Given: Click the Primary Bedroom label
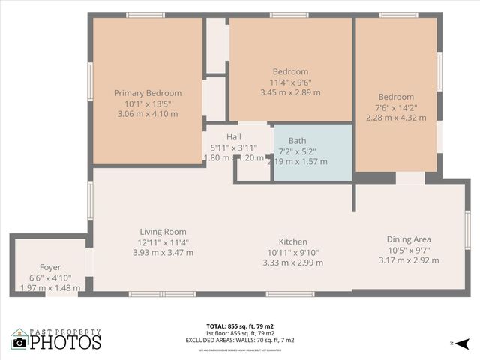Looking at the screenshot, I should [148, 93].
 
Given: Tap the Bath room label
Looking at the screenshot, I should [298, 140].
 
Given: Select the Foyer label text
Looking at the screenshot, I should [50, 267].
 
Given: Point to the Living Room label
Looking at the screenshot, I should [163, 232].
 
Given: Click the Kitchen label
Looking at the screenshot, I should [292, 241].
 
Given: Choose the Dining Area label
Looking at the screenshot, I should [409, 239].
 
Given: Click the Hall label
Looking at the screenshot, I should [234, 136].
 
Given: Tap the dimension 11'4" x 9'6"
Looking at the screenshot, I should [289, 82].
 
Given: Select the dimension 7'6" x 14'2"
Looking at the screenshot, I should [395, 107].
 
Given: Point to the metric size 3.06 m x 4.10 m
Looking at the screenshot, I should [148, 114].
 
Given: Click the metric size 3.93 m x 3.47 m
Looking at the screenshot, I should [163, 253].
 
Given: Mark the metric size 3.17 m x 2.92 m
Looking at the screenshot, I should [409, 260].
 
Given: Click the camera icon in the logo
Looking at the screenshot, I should [19, 342].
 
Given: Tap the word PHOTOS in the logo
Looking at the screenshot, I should [66, 343].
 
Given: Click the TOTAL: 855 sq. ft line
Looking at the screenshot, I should [239, 326].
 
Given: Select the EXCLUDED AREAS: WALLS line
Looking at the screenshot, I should [239, 340].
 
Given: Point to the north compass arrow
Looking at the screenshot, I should [463, 343].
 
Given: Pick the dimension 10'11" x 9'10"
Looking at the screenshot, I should [292, 252].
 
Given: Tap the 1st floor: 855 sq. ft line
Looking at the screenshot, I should [239, 333].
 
